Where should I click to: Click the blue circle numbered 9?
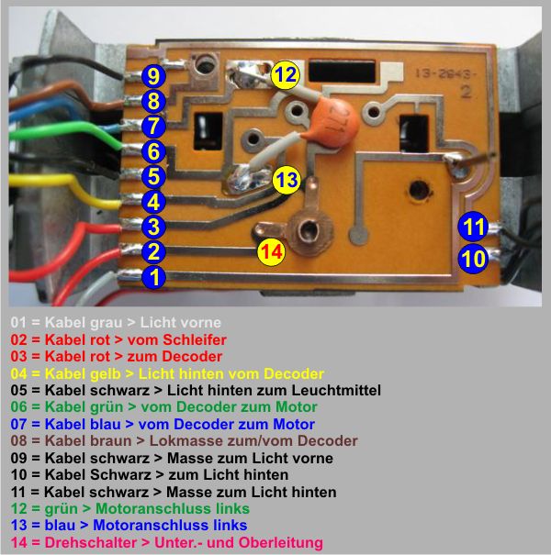tap(153, 76)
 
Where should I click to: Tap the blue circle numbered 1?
tap(153, 277)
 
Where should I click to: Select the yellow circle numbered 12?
tap(285, 74)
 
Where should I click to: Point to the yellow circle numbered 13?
tap(287, 180)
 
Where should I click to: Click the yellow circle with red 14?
tap(271, 251)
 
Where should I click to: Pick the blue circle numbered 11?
tap(473, 227)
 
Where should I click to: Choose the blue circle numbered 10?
tap(473, 259)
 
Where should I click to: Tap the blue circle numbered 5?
tap(153, 176)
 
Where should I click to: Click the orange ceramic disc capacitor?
tap(335, 122)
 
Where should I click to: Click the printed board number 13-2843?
tap(445, 73)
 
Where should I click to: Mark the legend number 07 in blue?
tap(18, 424)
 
